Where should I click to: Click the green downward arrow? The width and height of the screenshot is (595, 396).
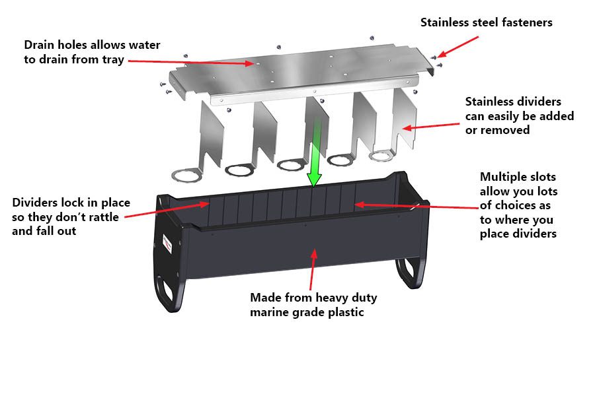[x=315, y=158]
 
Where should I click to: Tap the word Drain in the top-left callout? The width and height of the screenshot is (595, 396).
[x=39, y=45]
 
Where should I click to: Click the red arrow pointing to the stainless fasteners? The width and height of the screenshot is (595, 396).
[x=457, y=46]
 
